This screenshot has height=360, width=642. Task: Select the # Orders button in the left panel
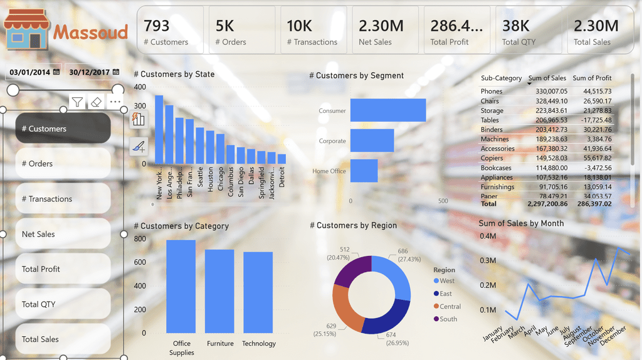point(63,164)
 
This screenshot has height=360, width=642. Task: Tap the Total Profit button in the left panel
point(63,269)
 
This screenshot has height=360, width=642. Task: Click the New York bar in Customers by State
point(159,129)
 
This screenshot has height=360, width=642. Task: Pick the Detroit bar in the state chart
point(282,159)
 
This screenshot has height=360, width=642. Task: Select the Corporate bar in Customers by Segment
point(372,141)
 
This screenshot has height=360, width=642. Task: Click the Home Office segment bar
point(364,171)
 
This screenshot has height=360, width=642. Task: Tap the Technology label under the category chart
point(258,344)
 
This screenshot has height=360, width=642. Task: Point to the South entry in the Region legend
point(448,319)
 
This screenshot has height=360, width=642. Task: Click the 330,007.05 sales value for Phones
point(547,92)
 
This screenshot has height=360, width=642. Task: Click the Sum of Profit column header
point(592,78)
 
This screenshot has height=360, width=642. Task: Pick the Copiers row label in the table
point(492,159)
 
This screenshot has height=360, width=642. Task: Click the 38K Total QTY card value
point(516,26)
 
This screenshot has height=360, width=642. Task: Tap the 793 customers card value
point(157,26)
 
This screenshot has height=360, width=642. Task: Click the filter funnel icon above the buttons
point(77,102)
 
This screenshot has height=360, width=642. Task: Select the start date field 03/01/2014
point(30,72)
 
